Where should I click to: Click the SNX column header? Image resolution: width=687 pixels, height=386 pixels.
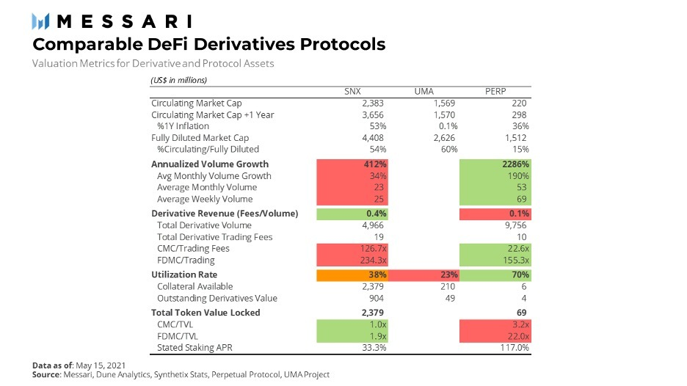point(352,91)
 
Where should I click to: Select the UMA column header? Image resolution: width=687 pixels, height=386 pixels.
point(424,91)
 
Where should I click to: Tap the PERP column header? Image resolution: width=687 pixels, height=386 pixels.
point(495,91)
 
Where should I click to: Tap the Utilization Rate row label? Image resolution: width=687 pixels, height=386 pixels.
point(185,275)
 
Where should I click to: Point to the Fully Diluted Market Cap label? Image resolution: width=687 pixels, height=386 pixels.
point(200,138)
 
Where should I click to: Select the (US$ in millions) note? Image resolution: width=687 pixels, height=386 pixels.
point(178,80)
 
